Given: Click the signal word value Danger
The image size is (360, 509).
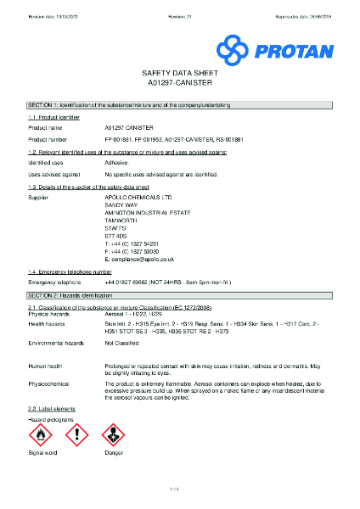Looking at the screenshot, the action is (114, 454).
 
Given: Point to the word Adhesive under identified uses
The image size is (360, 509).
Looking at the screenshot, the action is (116, 161).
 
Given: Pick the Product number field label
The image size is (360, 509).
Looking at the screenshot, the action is (48, 138).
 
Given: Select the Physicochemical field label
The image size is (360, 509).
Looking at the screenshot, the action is (48, 383).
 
